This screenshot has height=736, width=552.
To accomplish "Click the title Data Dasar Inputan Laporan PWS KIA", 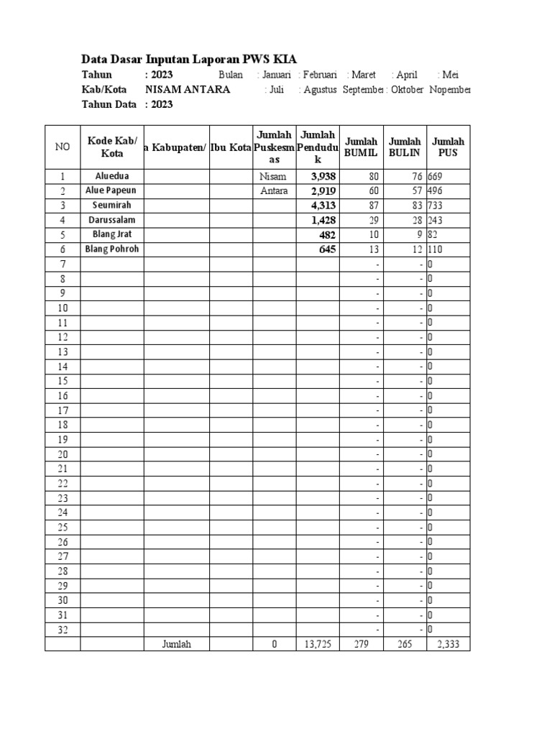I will pos(189,59).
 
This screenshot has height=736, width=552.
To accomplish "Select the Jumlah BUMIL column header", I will pos(361,147).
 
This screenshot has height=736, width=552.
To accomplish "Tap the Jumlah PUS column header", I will pos(448,147).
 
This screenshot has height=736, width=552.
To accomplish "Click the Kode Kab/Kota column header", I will pos(111,147).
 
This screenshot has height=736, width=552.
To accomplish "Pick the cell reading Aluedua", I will pos(111,176).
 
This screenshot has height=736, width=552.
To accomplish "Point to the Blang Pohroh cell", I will pos(111,249).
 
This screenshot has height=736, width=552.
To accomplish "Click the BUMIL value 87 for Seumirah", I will pos(372,206).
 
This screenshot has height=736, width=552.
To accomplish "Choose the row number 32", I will pos(63,630).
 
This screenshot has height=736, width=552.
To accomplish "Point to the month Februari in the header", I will pos(320,75).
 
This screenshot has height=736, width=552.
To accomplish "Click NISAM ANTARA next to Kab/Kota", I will pos(188,90).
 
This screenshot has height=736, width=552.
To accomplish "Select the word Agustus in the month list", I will pos(319,90).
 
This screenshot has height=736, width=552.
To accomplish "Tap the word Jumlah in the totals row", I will pos(177,645).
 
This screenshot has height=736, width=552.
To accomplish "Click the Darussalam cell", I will pos(111,220).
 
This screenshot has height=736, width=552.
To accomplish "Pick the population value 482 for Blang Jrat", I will pos(327,235).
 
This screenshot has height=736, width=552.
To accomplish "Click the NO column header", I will pos(63,147).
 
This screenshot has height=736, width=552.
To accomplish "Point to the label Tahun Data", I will pos(109,104).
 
